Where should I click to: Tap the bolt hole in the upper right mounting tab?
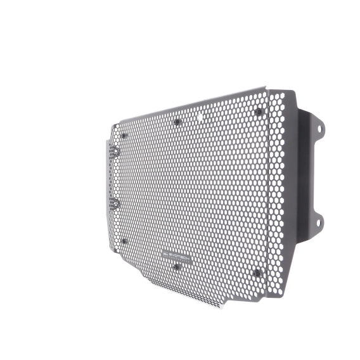tap(319, 129)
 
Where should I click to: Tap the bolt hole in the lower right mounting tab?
tap(319, 222)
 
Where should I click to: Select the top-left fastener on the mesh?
tap(124, 135)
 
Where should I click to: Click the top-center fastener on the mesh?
tap(177, 121)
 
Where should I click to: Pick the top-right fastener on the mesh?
tap(257, 112)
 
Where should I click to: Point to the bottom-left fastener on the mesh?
tap(124, 241)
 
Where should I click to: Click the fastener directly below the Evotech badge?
tap(177, 267)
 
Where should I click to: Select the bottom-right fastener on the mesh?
tap(257, 273)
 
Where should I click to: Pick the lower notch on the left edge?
tap(115, 202)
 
